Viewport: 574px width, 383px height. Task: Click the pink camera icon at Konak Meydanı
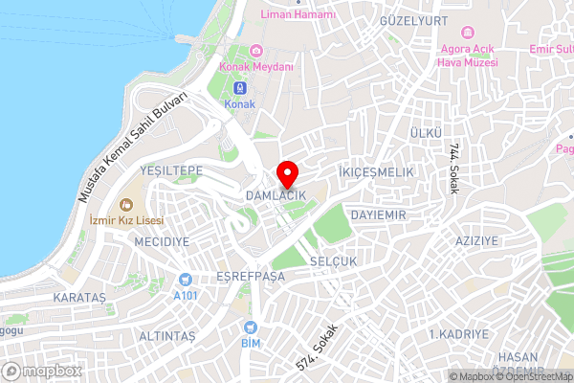coord(255,51)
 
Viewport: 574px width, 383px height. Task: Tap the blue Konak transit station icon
coord(240,87)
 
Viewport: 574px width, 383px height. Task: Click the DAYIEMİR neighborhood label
coord(379,216)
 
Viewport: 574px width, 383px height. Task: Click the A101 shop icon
coord(184,280)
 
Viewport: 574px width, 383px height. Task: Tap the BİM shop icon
coord(252,327)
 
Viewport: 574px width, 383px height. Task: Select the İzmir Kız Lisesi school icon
coord(126,203)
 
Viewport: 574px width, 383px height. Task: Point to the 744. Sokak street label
coord(453,169)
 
